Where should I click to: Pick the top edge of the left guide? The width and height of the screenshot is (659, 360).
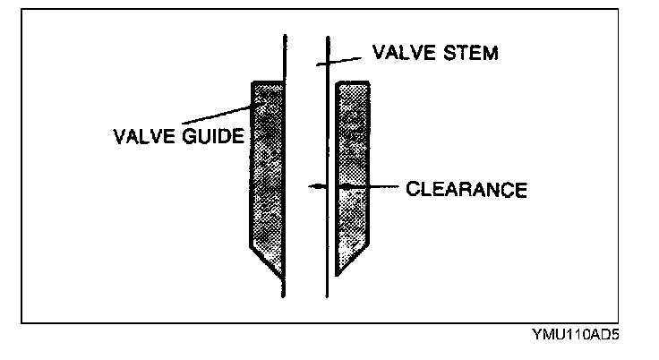tap(268, 82)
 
